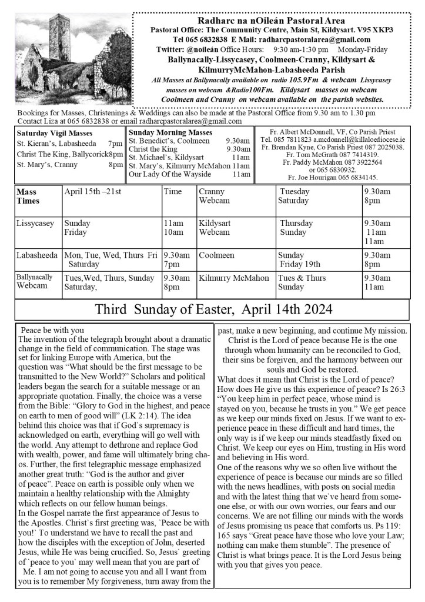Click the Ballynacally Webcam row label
pos(34,281)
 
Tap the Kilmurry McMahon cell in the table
pos(234,278)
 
